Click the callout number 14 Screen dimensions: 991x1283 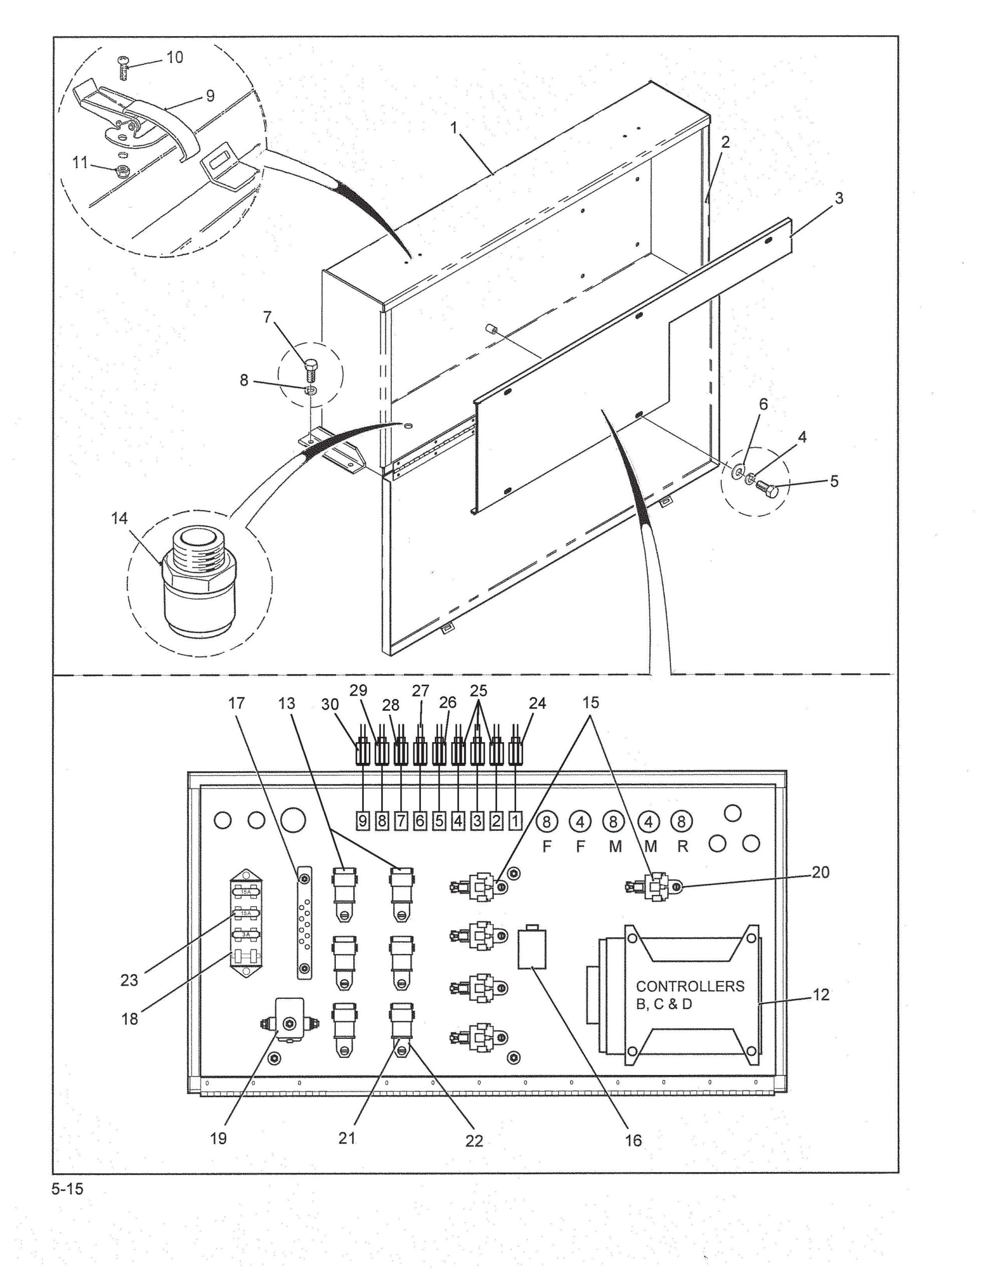119,518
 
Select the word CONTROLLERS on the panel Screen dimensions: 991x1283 690,986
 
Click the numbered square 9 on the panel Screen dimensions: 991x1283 363,821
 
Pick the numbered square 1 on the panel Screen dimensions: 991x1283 515,821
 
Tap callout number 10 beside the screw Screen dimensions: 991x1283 174,57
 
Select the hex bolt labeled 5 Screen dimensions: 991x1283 766,488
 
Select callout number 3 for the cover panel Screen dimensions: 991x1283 839,198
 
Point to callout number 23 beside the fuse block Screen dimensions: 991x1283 129,980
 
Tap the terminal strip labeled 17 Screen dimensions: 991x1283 304,932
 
